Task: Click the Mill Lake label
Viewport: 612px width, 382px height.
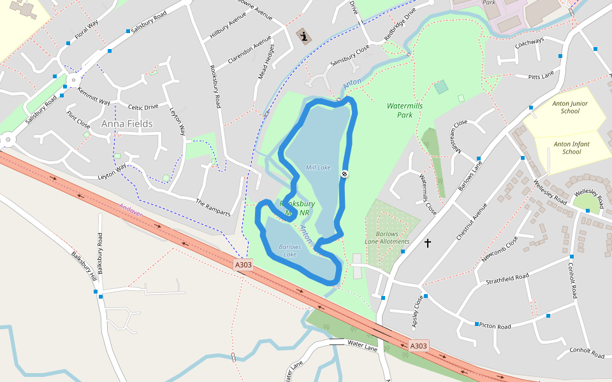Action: click(x=318, y=167)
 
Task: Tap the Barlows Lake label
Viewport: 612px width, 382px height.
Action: click(x=289, y=251)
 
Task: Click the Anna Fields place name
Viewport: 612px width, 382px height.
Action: click(x=127, y=124)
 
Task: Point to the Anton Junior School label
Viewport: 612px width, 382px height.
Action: click(x=570, y=107)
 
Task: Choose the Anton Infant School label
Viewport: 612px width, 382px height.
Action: click(x=571, y=148)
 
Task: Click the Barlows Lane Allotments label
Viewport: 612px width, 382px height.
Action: click(x=387, y=237)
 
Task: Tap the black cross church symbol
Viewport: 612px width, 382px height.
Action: click(x=427, y=243)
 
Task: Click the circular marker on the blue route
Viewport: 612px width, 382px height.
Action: click(x=344, y=174)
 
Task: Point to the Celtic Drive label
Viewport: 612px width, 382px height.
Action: click(x=143, y=107)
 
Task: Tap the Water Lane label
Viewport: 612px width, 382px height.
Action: click(x=362, y=345)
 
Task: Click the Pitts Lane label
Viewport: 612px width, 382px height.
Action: click(x=541, y=76)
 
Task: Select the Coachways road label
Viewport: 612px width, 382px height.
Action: click(x=530, y=41)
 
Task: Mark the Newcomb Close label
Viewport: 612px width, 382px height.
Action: click(x=500, y=250)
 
